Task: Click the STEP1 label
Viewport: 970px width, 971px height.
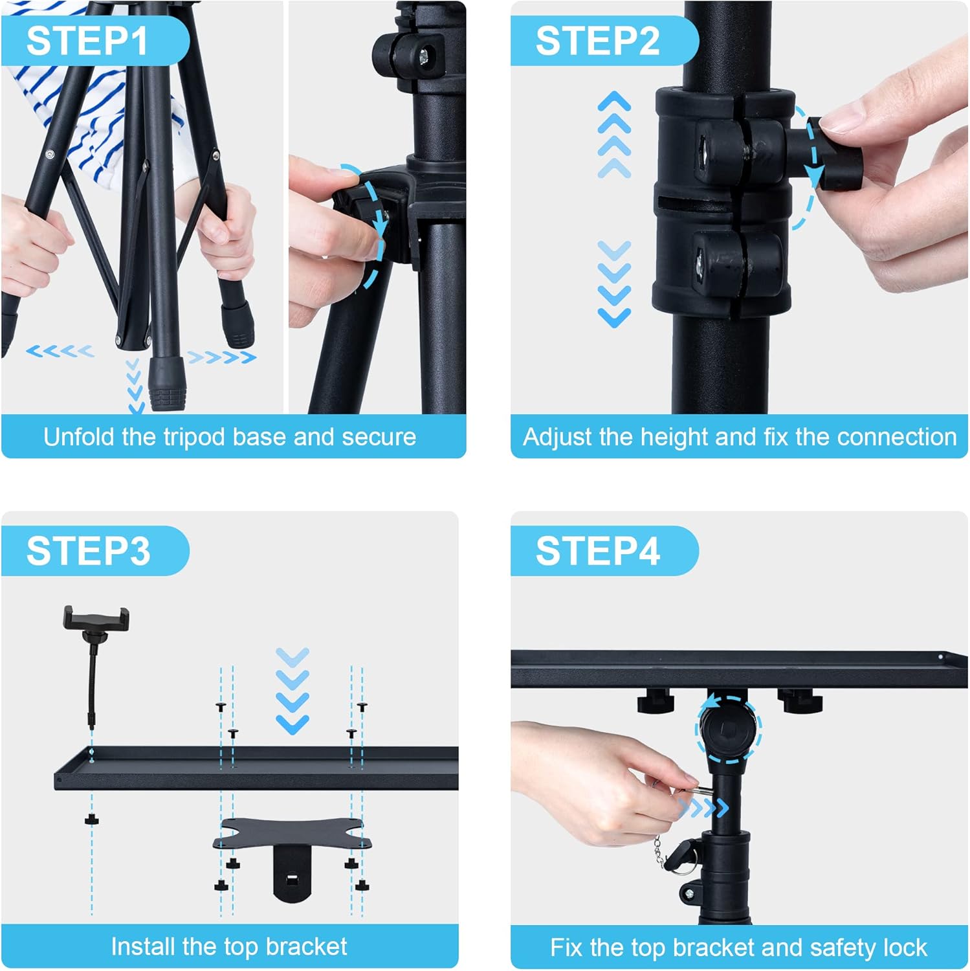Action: (87, 41)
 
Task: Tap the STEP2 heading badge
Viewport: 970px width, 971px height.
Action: (597, 41)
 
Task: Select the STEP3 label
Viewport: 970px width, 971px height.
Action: (88, 551)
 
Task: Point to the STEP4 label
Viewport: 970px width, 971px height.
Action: (597, 551)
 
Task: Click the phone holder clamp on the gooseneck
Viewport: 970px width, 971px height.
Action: (96, 619)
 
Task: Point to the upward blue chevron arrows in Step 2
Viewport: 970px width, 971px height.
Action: (614, 135)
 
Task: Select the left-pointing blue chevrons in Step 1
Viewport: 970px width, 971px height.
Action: (60, 352)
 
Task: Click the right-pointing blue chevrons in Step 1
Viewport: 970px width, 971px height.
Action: (221, 357)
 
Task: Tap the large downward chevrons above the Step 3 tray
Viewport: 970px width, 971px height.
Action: (292, 691)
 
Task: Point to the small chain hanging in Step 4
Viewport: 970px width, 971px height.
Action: (658, 849)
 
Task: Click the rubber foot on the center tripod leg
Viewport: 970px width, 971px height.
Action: (168, 385)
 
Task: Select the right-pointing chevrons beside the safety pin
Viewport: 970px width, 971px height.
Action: (702, 807)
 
